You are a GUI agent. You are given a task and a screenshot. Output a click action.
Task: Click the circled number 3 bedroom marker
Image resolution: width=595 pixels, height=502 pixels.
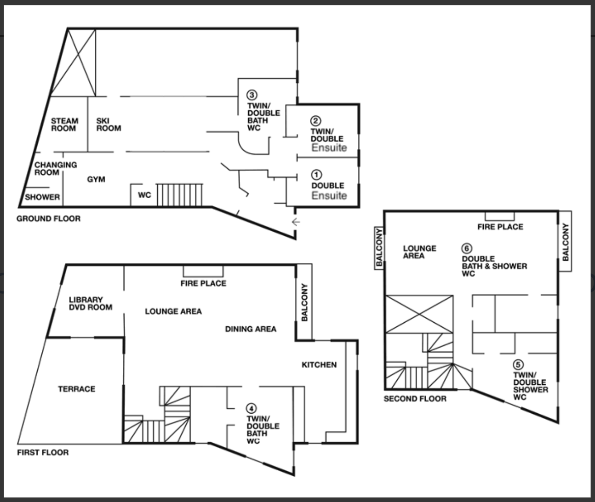(252, 95)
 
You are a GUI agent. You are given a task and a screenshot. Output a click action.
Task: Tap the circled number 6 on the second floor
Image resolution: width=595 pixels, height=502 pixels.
(467, 248)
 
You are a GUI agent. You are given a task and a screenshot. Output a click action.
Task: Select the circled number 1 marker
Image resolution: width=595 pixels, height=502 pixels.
(316, 175)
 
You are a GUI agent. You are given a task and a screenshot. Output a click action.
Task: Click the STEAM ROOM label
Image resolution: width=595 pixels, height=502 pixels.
(64, 125)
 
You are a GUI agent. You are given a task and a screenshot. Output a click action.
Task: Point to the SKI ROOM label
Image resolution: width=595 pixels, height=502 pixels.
(109, 125)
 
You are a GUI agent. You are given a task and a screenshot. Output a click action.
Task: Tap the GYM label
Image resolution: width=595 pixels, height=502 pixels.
(96, 179)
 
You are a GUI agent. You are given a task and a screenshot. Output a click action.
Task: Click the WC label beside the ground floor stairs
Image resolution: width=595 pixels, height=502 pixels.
(144, 195)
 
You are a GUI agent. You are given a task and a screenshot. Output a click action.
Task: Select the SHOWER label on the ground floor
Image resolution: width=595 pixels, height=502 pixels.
(42, 197)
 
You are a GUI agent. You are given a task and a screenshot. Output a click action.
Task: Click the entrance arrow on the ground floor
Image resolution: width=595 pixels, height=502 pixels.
(296, 222)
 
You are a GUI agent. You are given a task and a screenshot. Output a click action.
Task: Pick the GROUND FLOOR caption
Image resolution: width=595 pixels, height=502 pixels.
(48, 218)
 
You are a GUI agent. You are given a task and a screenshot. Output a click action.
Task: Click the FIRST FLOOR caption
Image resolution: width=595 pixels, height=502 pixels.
(43, 452)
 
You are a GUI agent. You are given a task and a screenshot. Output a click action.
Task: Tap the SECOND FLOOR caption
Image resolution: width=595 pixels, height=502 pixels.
(415, 399)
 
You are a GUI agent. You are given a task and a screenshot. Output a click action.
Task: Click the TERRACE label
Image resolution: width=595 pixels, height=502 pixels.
(77, 389)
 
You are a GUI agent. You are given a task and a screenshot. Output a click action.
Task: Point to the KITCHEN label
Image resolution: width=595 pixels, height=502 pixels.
(319, 365)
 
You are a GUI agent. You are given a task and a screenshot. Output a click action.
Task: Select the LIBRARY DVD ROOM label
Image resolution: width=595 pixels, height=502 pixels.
(91, 303)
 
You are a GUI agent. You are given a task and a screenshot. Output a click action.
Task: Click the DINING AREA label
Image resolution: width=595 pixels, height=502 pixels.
(251, 329)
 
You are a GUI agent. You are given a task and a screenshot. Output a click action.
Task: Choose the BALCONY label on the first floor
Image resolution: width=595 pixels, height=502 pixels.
(304, 302)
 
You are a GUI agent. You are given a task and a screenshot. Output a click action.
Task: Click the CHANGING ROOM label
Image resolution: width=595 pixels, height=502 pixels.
(56, 169)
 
